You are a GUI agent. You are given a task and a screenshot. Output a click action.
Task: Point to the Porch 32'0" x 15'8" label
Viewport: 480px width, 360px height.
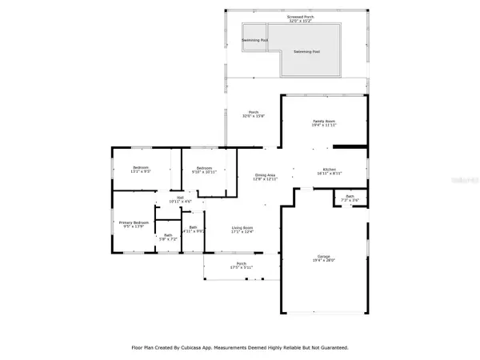[253, 112]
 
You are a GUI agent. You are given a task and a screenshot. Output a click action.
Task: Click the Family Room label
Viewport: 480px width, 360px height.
[322, 122]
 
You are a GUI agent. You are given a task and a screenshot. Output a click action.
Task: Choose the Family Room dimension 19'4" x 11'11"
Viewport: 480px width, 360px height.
[322, 126]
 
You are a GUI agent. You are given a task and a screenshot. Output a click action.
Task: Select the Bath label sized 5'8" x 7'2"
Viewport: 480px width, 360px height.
[167, 234]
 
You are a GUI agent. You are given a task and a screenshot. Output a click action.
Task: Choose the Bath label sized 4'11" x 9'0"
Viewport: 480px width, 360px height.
[194, 227]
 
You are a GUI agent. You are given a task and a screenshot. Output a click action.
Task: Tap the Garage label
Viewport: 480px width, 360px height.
[322, 254]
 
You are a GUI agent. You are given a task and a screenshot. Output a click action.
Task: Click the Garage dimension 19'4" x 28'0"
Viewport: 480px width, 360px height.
[322, 259]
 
